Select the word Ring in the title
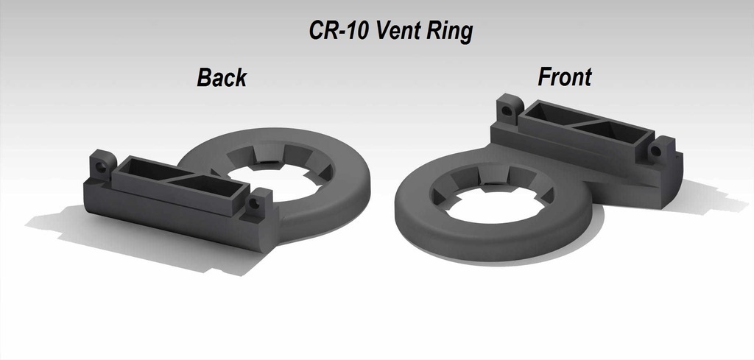(448, 32)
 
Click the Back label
(221, 77)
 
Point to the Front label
(565, 76)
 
